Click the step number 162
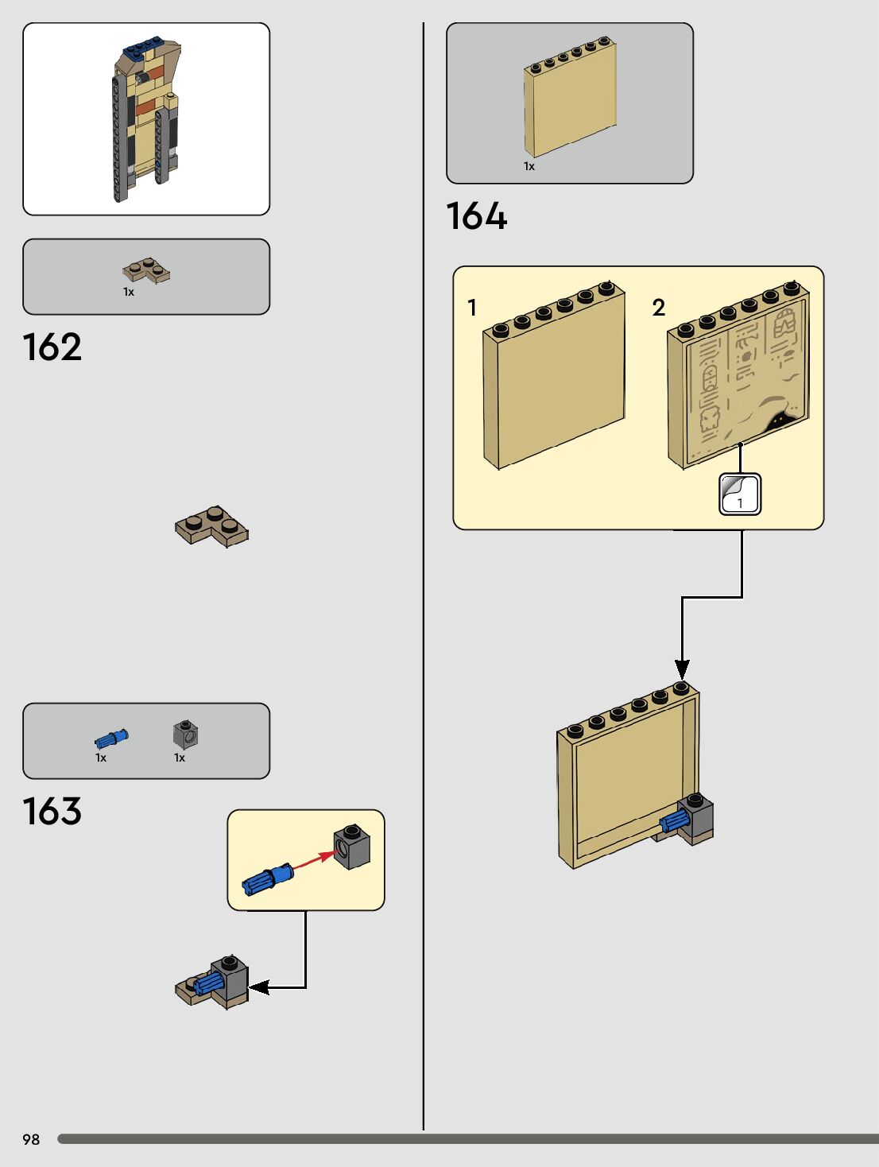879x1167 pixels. (x=52, y=347)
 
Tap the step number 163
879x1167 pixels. (x=52, y=812)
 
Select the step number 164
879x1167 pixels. (x=476, y=216)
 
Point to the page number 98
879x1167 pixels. (x=31, y=1139)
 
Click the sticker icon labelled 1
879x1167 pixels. (x=739, y=494)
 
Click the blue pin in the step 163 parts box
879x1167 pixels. (x=111, y=738)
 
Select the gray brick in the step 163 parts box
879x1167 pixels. (x=185, y=735)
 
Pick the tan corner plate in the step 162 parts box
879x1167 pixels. (x=146, y=270)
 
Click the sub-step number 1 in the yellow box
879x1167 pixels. (x=472, y=308)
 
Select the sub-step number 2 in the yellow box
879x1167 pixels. (x=658, y=308)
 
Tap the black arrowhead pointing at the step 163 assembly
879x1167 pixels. (x=259, y=987)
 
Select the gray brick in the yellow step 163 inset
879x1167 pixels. (x=352, y=847)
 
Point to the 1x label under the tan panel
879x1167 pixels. (x=529, y=166)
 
